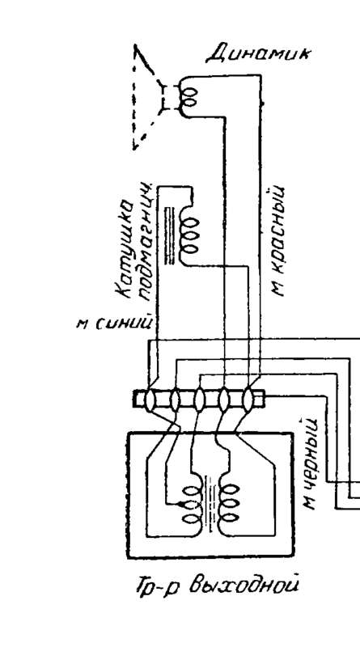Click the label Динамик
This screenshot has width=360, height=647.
click(x=257, y=54)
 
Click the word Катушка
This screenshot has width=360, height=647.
click(x=125, y=249)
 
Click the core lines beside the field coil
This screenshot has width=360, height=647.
click(x=169, y=235)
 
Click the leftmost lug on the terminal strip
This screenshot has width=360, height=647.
click(x=150, y=400)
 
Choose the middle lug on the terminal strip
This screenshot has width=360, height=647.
click(x=199, y=400)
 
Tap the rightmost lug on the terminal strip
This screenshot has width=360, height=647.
click(x=248, y=400)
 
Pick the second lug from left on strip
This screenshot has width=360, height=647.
click(x=175, y=400)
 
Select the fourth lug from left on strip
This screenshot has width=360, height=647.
click(x=223, y=400)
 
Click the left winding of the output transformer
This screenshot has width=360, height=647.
click(x=192, y=504)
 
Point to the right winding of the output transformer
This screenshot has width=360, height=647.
click(x=230, y=504)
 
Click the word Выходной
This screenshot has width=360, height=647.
click(x=244, y=586)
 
